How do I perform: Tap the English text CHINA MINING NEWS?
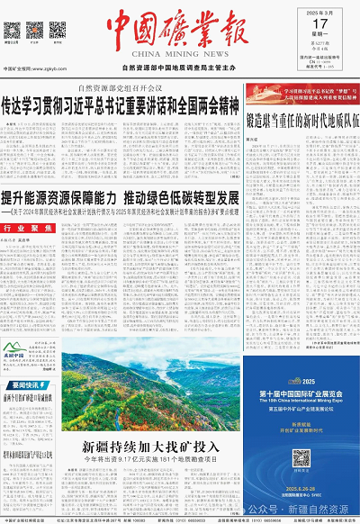pyautogui.click(x=180, y=56)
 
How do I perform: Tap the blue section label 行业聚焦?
pyautogui.click(x=23, y=255)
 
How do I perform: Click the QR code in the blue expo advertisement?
pyautogui.click(x=301, y=458)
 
